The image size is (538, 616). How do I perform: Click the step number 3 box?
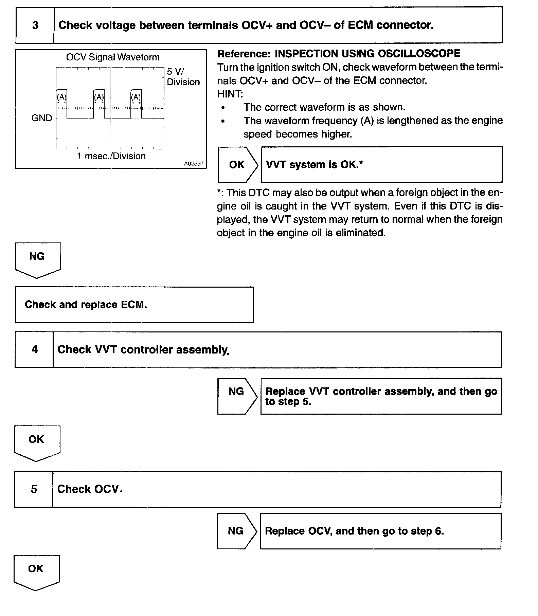[x=35, y=25]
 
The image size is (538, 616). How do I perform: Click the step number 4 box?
[x=34, y=349]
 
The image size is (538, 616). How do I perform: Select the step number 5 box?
[x=34, y=489]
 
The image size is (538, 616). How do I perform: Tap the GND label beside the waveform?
[x=42, y=118]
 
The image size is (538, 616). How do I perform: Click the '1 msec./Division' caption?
[x=111, y=156]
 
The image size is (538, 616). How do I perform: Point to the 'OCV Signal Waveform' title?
[x=113, y=57]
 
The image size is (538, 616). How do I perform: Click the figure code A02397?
[x=194, y=164]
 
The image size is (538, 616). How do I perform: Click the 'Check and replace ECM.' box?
[x=134, y=305]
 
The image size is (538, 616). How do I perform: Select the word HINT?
[x=230, y=94]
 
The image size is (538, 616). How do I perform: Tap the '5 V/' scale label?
[x=175, y=72]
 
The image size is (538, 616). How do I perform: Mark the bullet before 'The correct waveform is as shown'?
[x=223, y=108]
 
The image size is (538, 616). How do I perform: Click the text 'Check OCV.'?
[x=89, y=489]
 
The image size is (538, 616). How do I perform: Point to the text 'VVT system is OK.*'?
[x=314, y=165]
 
